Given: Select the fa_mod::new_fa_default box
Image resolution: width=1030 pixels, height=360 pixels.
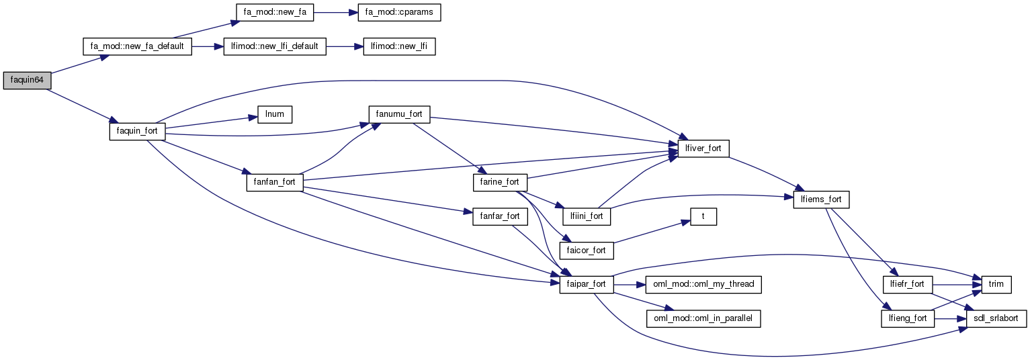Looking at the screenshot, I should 137,47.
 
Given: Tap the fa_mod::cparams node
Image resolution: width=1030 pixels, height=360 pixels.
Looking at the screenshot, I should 402,13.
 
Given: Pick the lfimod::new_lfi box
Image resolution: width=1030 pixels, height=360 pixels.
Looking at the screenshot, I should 398,47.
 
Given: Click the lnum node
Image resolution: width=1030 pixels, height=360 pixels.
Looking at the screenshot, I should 275,114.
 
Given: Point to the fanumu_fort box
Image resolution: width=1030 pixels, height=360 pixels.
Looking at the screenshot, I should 399,114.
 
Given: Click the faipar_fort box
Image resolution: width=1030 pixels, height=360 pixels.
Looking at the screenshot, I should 587,284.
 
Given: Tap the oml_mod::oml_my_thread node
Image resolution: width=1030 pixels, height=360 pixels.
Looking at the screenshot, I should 703,284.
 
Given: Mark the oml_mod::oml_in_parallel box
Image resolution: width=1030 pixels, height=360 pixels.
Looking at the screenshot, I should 703,318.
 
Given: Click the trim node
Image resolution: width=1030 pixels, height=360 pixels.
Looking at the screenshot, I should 996,284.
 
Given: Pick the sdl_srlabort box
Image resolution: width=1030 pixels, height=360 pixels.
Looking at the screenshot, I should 996,318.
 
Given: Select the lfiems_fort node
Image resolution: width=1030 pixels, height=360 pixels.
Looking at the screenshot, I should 822,199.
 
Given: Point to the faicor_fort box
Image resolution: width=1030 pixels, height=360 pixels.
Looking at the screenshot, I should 587,250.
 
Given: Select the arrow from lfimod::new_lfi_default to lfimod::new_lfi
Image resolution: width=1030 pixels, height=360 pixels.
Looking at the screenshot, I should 344,47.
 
